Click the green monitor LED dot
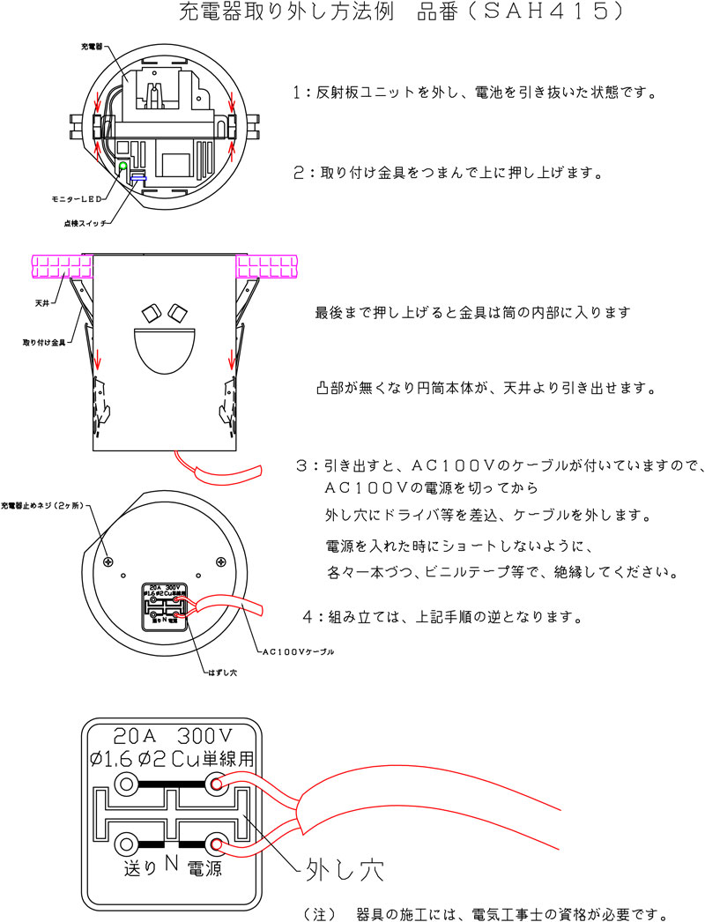point(122,166)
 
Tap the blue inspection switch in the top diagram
point(138,176)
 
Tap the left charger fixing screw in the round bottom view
point(108,561)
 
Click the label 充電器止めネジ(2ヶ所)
point(41,506)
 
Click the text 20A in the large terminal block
point(138,734)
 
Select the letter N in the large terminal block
point(171,867)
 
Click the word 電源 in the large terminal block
point(202,868)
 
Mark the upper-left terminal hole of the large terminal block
point(127,784)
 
